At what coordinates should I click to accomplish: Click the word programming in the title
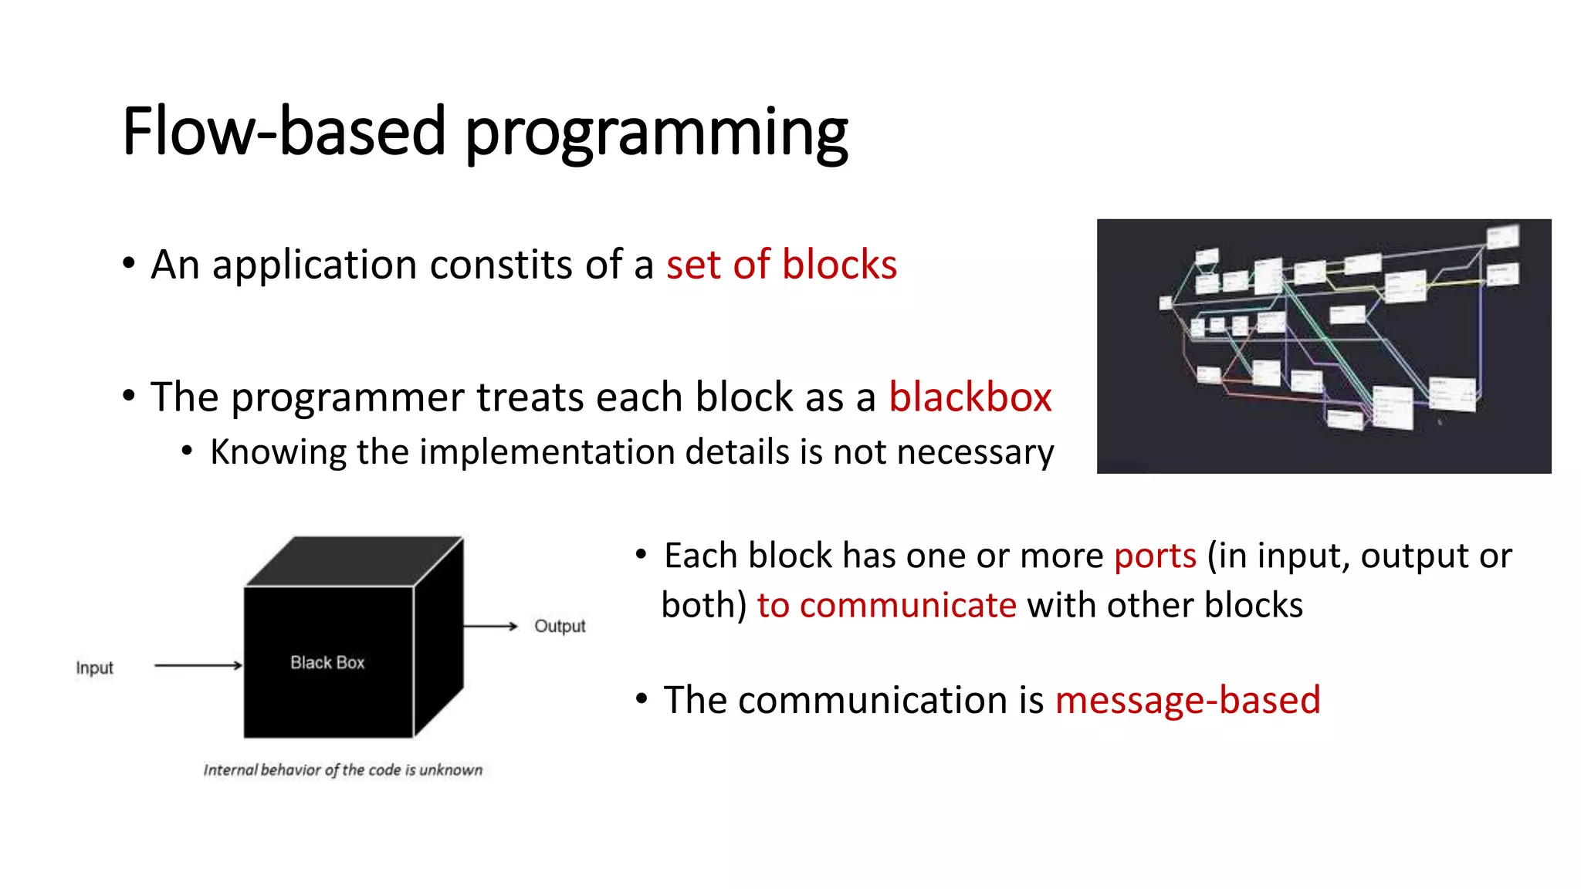[x=656, y=133]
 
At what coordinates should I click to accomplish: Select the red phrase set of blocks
[x=781, y=265]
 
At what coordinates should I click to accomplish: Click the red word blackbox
[x=970, y=397]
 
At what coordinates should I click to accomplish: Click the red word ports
[x=1155, y=556]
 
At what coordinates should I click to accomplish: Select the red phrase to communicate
[x=886, y=605]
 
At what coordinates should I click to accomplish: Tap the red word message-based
[x=1187, y=700]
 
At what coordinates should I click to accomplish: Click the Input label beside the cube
[x=95, y=668]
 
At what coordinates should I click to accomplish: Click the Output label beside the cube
[x=560, y=626]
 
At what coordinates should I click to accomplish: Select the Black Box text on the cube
[x=327, y=662]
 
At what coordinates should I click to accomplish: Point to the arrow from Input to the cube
[x=198, y=665]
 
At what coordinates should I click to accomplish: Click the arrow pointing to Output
[x=490, y=626]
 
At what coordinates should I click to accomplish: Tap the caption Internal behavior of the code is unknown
[x=343, y=769]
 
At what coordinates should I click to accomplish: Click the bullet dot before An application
[x=129, y=263]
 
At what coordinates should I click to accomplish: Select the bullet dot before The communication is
[x=642, y=699]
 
